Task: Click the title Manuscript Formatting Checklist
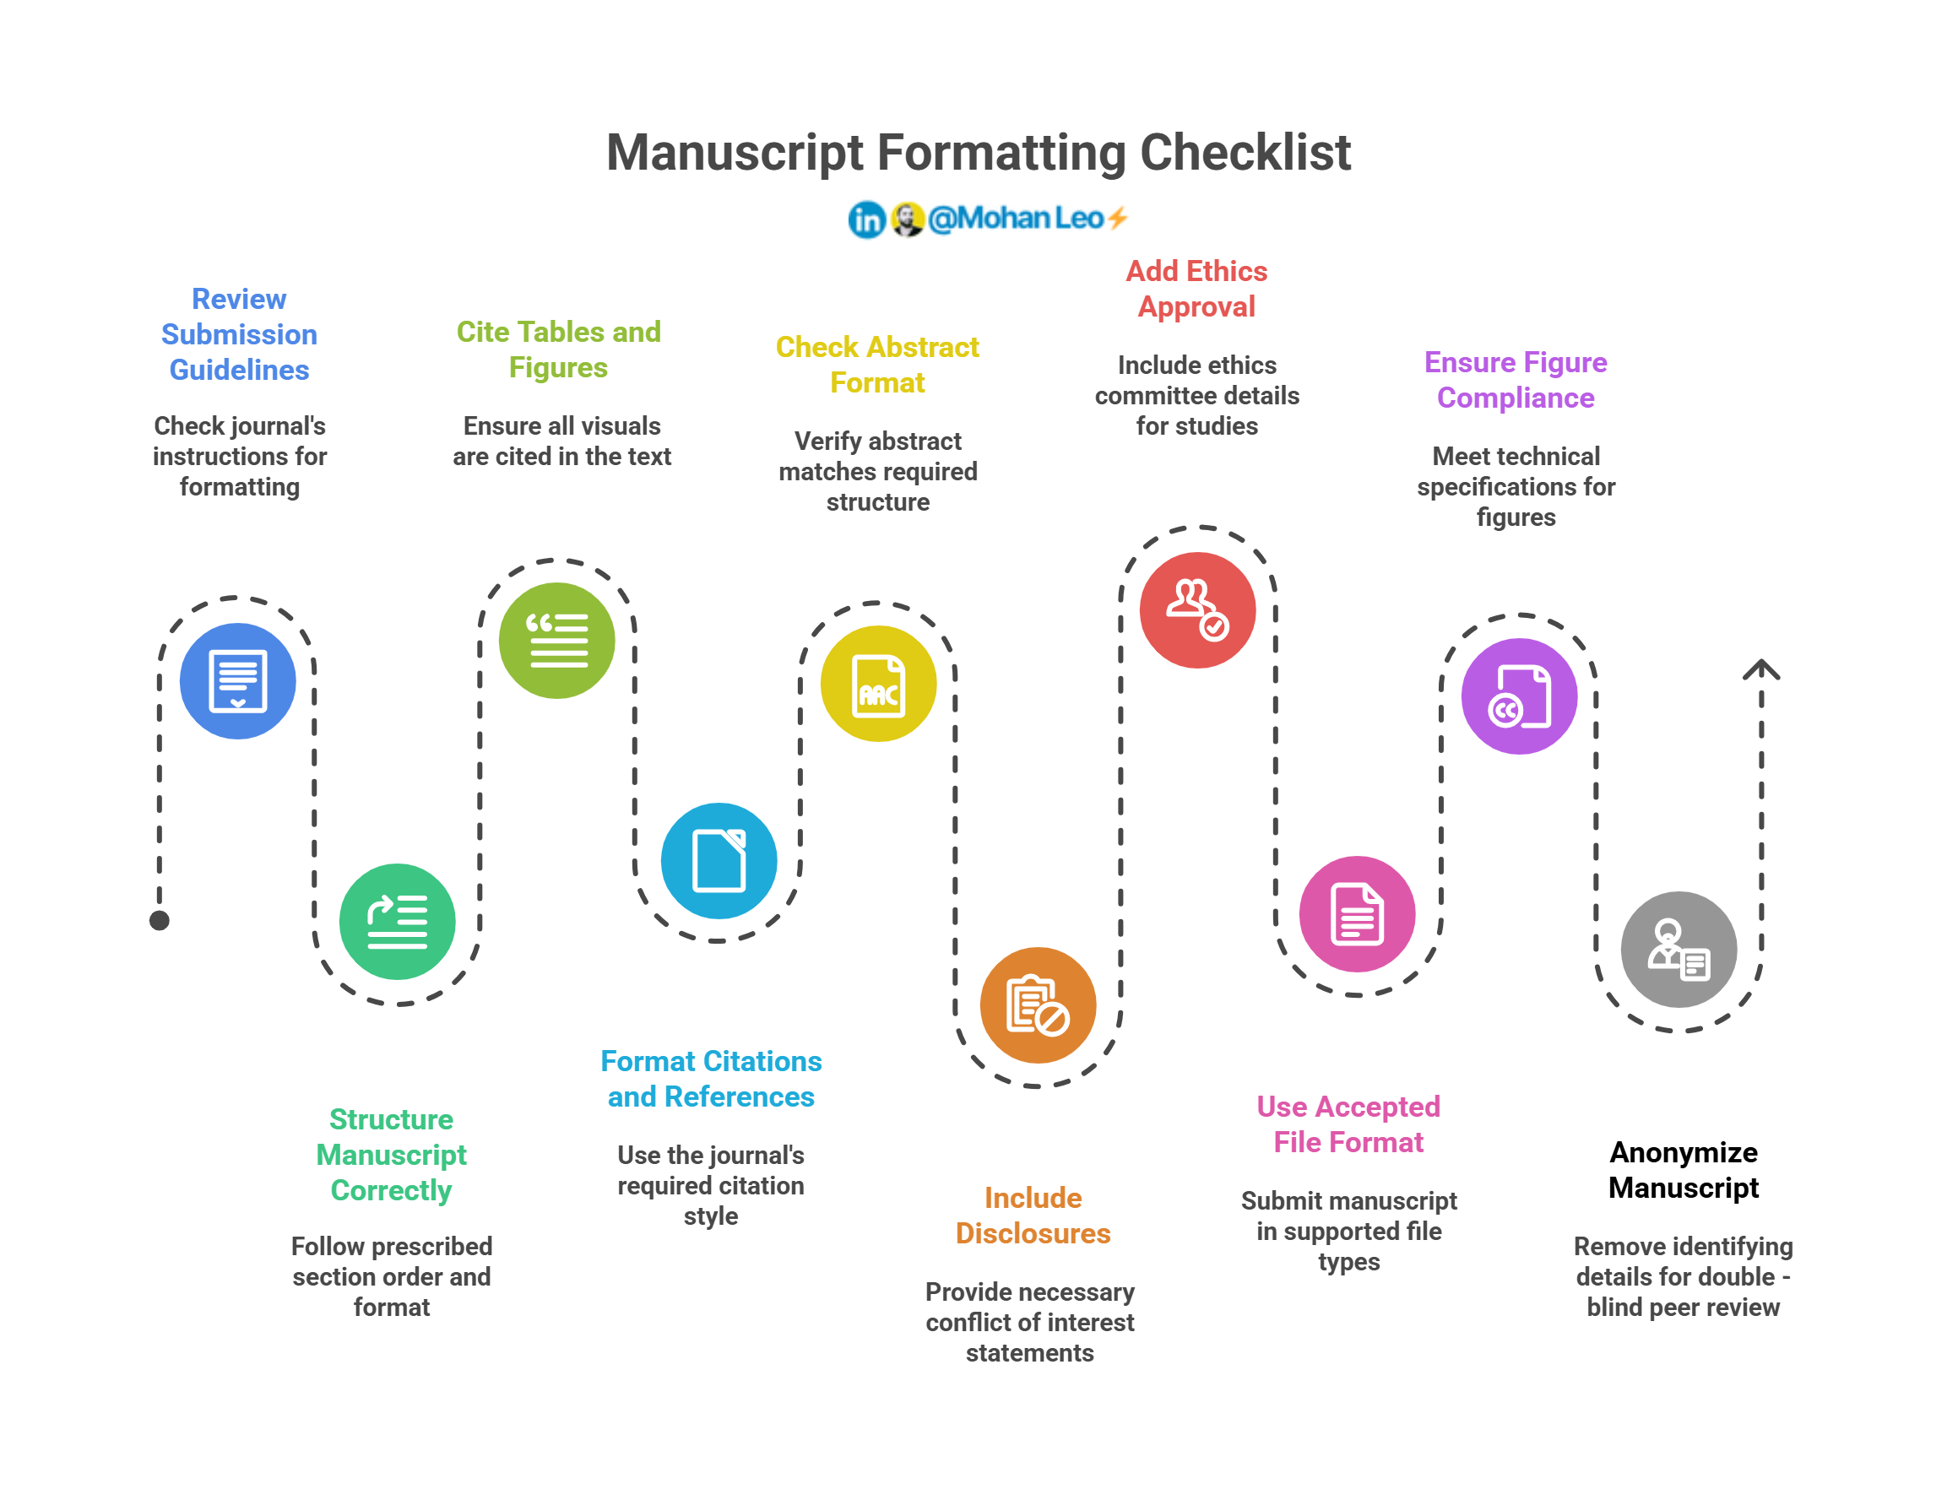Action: tap(978, 153)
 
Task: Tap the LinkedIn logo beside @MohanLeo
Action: tap(866, 219)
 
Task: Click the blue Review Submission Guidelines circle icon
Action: tap(237, 680)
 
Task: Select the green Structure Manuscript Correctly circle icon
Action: tap(397, 921)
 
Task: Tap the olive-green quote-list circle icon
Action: tap(556, 640)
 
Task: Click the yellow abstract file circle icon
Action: tap(878, 684)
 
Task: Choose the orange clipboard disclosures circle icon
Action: tap(1038, 1004)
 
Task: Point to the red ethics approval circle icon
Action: tap(1197, 609)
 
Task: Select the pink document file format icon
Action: tap(1357, 913)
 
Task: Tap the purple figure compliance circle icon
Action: tap(1518, 696)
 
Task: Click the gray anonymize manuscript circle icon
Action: tap(1678, 949)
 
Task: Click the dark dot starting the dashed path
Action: tap(160, 920)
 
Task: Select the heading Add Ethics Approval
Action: tap(1196, 289)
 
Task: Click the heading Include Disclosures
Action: tap(1033, 1216)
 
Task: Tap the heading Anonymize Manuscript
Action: tap(1684, 1169)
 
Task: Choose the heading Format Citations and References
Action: tap(711, 1079)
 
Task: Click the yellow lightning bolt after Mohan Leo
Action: tap(1118, 217)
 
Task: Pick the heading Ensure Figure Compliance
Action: tap(1515, 380)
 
